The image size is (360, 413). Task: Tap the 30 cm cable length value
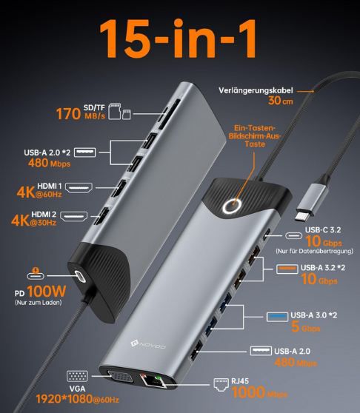283,101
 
